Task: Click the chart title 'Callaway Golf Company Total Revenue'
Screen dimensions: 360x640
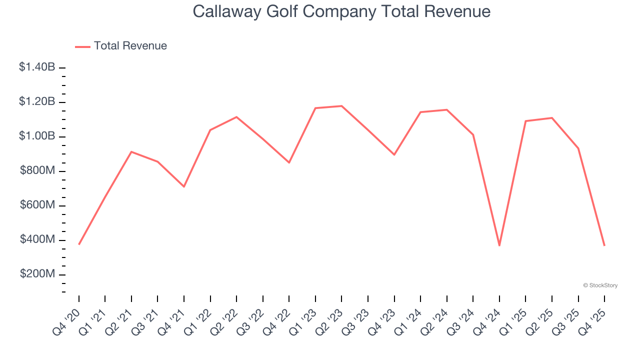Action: (341, 11)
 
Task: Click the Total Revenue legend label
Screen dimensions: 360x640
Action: (130, 46)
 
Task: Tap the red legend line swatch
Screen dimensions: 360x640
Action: (82, 46)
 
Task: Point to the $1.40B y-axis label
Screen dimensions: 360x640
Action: (37, 67)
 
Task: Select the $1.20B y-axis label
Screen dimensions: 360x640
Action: (37, 102)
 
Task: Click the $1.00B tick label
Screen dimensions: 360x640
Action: (37, 136)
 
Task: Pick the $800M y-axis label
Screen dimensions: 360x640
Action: (37, 171)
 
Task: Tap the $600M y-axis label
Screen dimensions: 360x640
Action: (37, 205)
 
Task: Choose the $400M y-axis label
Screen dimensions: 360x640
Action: (37, 240)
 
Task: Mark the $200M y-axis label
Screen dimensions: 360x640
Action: (37, 274)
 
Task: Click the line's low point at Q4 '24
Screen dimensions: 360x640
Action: (499, 245)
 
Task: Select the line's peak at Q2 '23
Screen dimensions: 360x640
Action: (341, 106)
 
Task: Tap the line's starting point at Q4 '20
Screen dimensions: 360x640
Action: (79, 244)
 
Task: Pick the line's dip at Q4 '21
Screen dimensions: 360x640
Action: (184, 186)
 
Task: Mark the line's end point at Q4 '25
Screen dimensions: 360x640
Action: (604, 245)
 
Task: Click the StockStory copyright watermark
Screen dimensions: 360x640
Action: (600, 285)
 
